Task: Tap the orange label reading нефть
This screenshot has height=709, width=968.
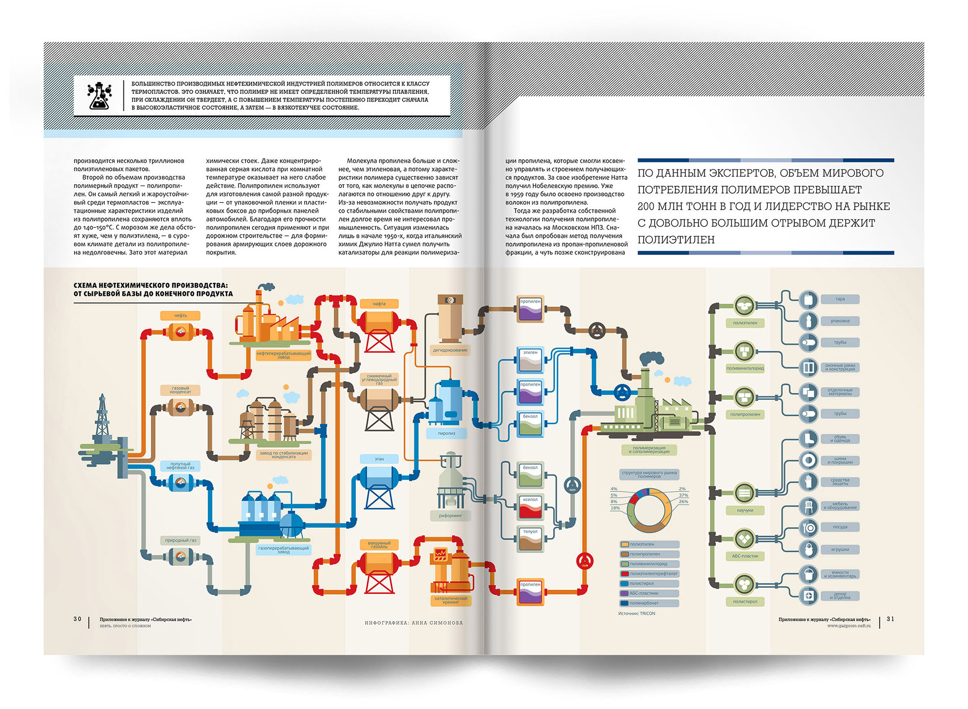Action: (180, 315)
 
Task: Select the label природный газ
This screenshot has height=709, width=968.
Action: (180, 540)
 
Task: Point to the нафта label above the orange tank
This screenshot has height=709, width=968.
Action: (379, 304)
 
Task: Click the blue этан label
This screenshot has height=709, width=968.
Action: (379, 459)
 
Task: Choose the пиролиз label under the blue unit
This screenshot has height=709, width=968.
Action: (446, 433)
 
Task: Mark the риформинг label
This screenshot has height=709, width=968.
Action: (450, 515)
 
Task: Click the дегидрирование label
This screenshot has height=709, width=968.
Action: (450, 350)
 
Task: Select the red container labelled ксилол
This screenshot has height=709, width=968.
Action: (530, 507)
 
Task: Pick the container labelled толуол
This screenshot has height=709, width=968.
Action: (530, 539)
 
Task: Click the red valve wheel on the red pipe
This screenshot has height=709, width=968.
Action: (585, 561)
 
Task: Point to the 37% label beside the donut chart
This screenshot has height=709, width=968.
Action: (683, 495)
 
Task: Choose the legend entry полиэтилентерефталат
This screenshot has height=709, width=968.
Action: (649, 573)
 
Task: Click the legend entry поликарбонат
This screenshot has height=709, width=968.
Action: (649, 603)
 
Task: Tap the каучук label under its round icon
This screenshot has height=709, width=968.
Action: (745, 510)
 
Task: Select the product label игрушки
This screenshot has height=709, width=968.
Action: (840, 549)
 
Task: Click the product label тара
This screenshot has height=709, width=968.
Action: (840, 299)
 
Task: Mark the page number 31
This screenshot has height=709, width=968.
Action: (890, 619)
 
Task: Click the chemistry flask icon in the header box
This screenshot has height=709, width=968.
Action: (100, 96)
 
